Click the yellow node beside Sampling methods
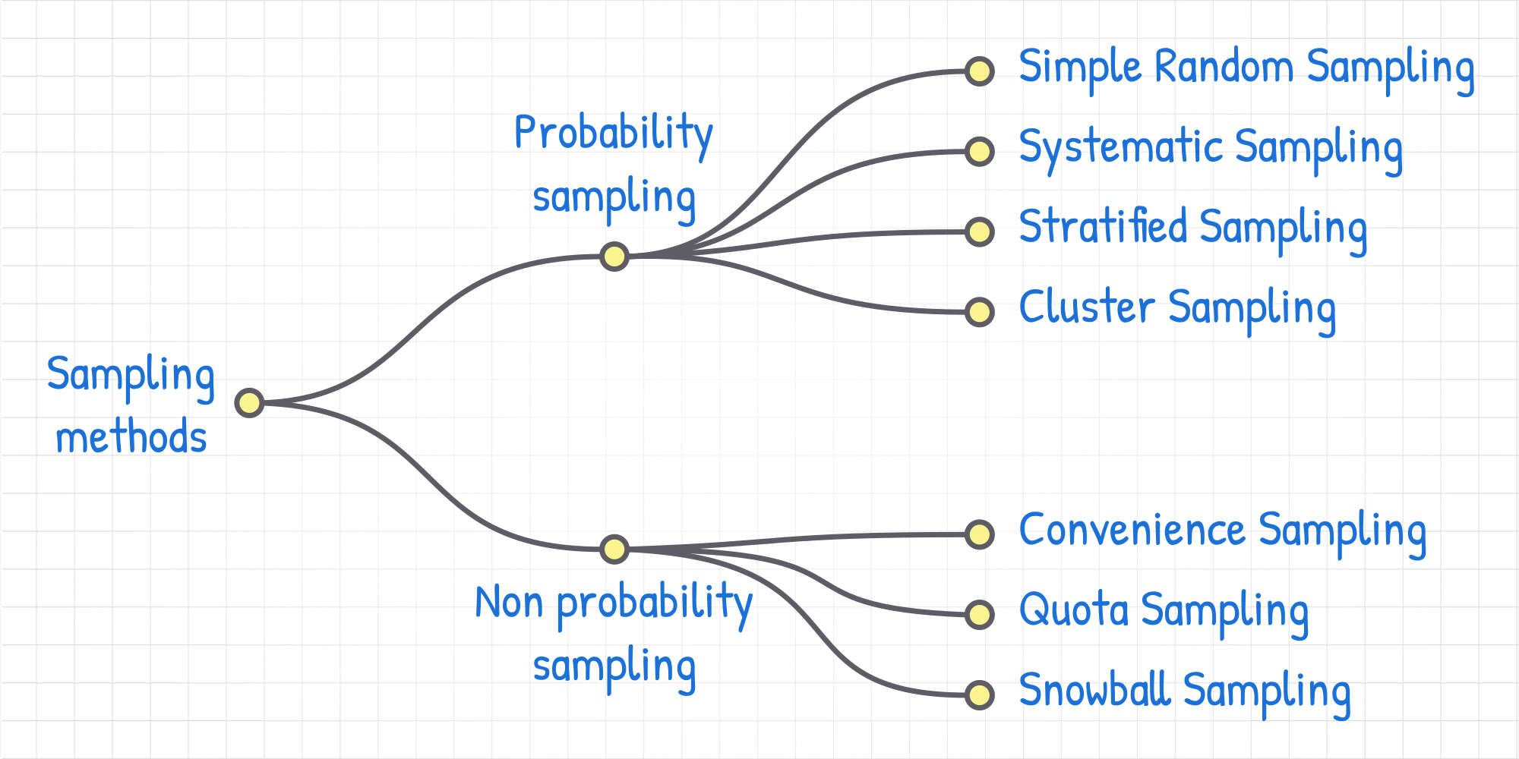coord(249,403)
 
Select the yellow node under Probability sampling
coord(614,257)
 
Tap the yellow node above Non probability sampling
coord(614,549)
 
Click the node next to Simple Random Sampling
coord(980,71)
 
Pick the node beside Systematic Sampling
coord(980,152)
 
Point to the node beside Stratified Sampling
coord(980,231)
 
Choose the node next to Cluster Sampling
coord(980,312)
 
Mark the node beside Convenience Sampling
coord(980,534)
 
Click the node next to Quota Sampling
coord(980,615)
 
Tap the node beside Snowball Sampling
coord(980,694)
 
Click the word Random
coord(1224,66)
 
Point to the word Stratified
coord(1103,226)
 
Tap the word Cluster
coord(1087,307)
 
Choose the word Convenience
coord(1132,529)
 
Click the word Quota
coord(1074,609)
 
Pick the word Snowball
coord(1094,689)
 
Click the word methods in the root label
coord(131,437)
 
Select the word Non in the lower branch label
coord(509,603)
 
